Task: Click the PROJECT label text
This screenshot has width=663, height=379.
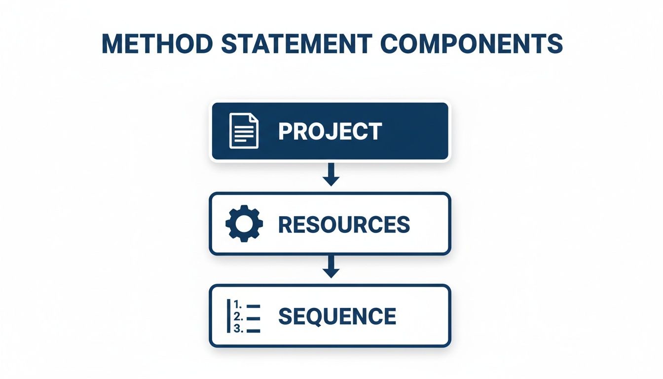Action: click(330, 131)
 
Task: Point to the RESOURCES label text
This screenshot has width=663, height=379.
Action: click(344, 225)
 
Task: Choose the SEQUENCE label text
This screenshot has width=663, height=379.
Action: click(337, 316)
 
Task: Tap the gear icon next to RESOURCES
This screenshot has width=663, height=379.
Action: click(244, 224)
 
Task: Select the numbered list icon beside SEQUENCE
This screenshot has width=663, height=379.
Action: click(243, 316)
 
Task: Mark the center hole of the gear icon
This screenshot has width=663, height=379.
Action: click(244, 224)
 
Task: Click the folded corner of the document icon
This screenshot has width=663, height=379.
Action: click(254, 118)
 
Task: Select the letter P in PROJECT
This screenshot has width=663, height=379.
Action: click(285, 131)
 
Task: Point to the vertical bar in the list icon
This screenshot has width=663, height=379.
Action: click(228, 316)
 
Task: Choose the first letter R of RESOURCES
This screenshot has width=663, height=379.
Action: click(286, 225)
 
